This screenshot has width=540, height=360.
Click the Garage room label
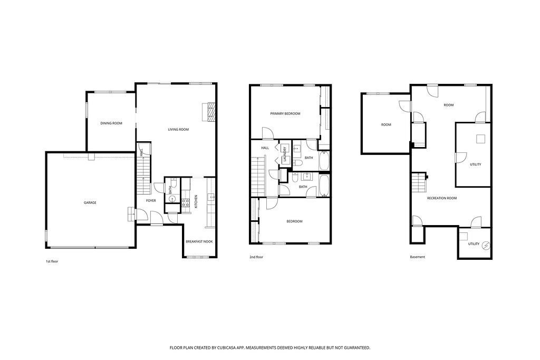click(x=90, y=203)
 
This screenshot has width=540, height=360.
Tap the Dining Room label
click(x=111, y=123)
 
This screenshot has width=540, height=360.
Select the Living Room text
click(x=178, y=130)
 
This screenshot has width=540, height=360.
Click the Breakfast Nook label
click(x=199, y=241)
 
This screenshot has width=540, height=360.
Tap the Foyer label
click(x=151, y=201)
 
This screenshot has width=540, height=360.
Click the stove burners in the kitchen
click(x=186, y=203)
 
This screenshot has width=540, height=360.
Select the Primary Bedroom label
click(x=285, y=113)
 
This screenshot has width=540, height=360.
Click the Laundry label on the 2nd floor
click(x=285, y=154)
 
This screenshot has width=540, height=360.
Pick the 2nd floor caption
click(x=256, y=257)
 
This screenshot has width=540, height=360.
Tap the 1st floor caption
click(x=52, y=261)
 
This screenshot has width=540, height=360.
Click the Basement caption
click(x=418, y=257)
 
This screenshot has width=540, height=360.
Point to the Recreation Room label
click(x=442, y=198)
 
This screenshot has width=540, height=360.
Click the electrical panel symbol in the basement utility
click(x=486, y=246)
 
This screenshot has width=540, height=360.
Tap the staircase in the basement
click(x=419, y=182)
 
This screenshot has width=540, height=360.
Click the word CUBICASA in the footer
click(x=226, y=348)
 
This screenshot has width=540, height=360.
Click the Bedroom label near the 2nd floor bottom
click(x=294, y=221)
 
